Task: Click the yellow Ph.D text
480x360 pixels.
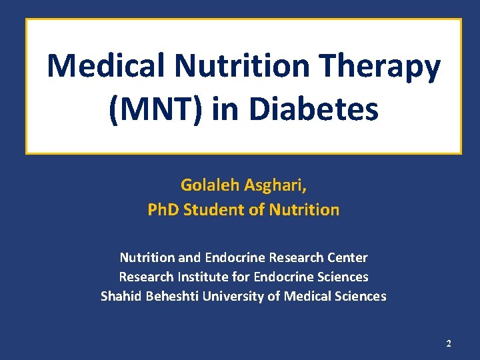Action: (164, 210)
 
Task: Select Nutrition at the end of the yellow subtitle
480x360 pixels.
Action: (303, 210)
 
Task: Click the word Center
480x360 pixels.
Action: (347, 257)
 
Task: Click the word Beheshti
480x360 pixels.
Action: (167, 296)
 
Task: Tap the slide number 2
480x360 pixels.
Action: (448, 343)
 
